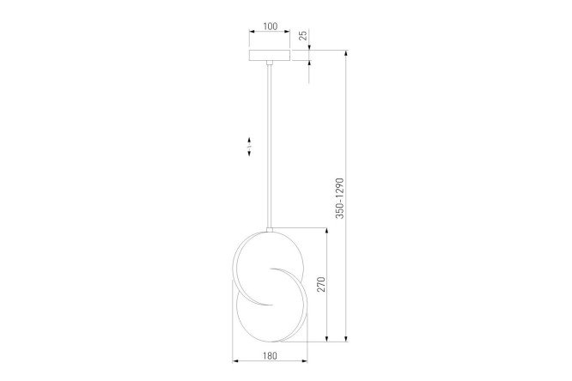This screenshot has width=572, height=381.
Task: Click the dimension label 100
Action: [x=270, y=27]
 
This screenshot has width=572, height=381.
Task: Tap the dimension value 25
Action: [x=303, y=35]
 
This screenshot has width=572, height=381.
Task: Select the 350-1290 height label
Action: [x=339, y=198]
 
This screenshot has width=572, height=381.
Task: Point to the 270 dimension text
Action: [x=320, y=284]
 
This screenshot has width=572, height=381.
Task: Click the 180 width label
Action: [x=270, y=355]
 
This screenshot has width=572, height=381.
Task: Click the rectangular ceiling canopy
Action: [x=270, y=55]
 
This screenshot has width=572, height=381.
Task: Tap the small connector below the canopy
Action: [x=270, y=63]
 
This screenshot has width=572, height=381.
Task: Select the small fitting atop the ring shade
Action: [x=270, y=230]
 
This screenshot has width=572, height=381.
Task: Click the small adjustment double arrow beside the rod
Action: [x=249, y=147]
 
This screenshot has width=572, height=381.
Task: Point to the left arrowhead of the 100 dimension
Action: [x=252, y=32]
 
